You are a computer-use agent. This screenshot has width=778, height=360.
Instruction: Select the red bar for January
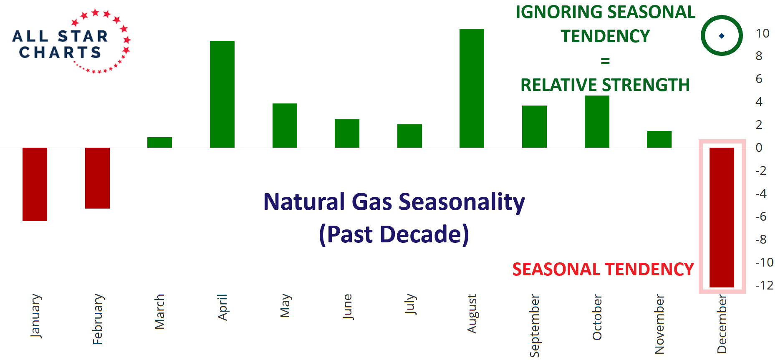pos(35,184)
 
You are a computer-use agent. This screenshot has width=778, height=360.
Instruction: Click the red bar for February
pos(97,178)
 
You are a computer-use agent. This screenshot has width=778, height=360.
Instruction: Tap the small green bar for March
pos(159,142)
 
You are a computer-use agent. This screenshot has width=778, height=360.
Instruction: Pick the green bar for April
pos(222,94)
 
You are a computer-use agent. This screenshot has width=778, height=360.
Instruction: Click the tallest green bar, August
pos(472,88)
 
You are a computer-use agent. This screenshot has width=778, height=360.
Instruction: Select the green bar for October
pos(597,121)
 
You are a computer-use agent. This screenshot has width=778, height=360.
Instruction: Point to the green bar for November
pos(659,139)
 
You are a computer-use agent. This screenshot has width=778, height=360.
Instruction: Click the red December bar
pos(722,217)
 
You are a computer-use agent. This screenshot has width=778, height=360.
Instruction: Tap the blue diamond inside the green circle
pos(722,36)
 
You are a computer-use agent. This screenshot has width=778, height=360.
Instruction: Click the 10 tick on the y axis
pos(763,33)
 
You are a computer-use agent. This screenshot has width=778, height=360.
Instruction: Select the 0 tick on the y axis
pos(759,148)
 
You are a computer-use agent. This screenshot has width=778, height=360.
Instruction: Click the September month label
pos(535,325)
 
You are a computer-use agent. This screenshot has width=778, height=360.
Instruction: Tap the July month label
pos(410,304)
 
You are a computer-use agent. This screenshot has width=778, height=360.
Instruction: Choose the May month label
pos(285,306)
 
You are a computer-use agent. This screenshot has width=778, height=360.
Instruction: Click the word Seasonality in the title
pos(462,202)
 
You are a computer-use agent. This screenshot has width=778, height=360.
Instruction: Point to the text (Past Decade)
pos(394,234)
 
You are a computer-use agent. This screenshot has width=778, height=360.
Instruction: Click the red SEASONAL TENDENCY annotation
pos(603,269)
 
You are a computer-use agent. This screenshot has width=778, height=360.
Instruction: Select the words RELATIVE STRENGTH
pos(605,85)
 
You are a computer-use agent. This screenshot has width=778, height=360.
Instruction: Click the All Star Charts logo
pos(71,41)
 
